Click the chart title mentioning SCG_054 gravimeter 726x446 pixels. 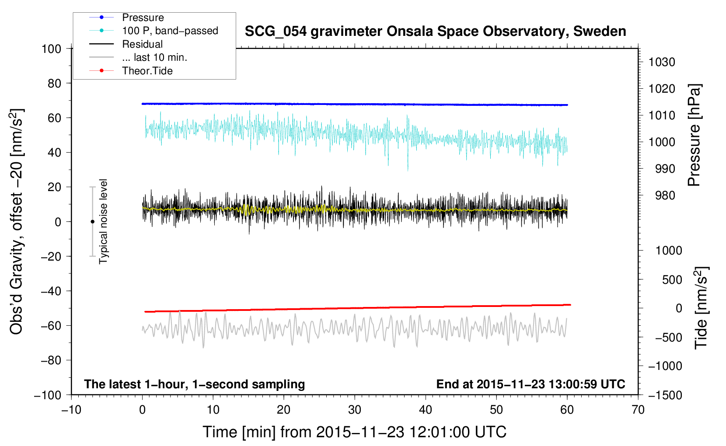(x=435, y=31)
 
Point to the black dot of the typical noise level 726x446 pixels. (x=92, y=222)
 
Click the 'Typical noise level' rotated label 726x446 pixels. (x=103, y=222)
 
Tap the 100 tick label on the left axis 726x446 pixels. (x=52, y=49)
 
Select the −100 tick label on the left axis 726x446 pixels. (x=48, y=395)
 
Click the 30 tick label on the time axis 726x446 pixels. (x=355, y=410)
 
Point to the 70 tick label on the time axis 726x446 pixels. (x=638, y=410)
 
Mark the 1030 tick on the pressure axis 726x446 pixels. (x=662, y=62)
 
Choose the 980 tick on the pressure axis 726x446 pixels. (x=665, y=195)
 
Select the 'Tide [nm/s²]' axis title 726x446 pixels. (x=702, y=308)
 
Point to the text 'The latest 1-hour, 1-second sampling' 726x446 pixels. (x=195, y=384)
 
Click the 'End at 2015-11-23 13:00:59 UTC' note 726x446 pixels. (x=531, y=384)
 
